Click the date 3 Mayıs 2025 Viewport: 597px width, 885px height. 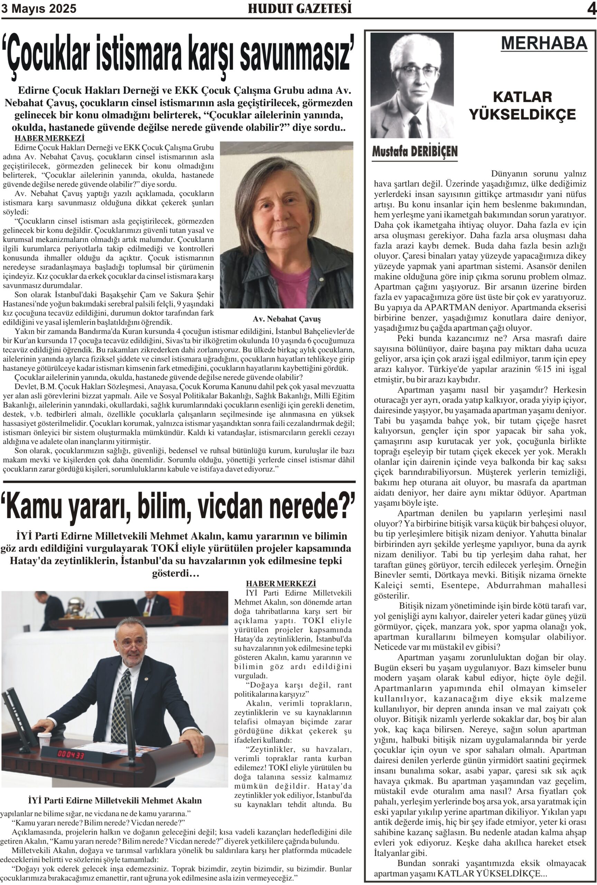39,9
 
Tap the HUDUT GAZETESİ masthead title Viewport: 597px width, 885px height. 300,9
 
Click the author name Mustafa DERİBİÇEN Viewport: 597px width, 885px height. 415,151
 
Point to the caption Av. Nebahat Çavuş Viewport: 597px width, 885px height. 286,319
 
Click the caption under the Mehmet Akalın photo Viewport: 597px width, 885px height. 115,800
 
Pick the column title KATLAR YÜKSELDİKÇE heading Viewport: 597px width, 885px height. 522,105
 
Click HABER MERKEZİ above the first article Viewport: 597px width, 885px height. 49,138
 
